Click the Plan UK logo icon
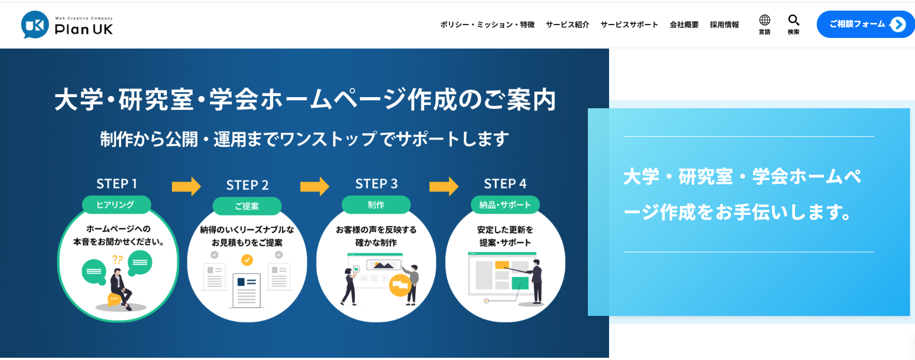tap(35, 25)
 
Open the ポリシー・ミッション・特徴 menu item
tap(487, 25)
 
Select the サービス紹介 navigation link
tap(567, 25)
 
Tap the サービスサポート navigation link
tap(629, 25)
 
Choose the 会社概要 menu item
tap(684, 25)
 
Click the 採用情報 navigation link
tap(724, 25)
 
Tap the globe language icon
tap(764, 21)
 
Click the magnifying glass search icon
tap(793, 21)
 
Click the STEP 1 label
tap(117, 184)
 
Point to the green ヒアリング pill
tap(116, 205)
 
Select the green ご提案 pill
tap(247, 206)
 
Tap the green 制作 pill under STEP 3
tap(376, 205)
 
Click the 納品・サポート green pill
tap(505, 205)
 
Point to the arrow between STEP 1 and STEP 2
tap(186, 186)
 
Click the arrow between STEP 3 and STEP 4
tap(444, 186)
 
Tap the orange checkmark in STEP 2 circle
tap(247, 260)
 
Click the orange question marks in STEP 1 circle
tap(117, 260)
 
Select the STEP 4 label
tap(505, 184)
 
